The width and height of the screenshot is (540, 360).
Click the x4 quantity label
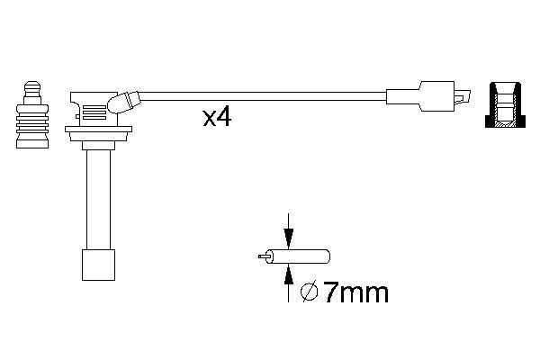click(x=217, y=118)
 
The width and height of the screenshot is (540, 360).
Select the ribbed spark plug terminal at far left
click(x=31, y=121)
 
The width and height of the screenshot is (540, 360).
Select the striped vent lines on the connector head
click(x=93, y=113)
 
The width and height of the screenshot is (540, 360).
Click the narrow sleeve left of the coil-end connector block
click(x=401, y=94)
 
